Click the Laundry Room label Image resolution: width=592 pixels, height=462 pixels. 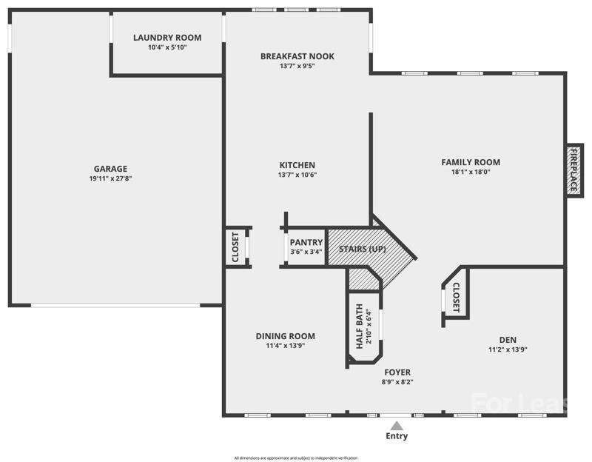tap(167, 38)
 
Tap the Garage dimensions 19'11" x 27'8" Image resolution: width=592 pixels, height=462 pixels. tap(110, 178)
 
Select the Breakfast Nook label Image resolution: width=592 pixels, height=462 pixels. tap(297, 56)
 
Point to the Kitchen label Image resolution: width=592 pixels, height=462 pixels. tap(297, 165)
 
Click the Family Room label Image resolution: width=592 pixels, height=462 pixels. tap(471, 162)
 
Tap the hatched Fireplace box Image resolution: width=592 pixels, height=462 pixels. tap(572, 170)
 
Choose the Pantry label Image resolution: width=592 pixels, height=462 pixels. tap(306, 242)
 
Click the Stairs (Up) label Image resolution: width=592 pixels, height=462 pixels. tap(363, 249)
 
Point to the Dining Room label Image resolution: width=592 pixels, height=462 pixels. tap(286, 335)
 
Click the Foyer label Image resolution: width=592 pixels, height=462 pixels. tap(397, 372)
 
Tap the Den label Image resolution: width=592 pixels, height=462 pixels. tap(508, 340)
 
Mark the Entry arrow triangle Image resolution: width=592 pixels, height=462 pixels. tap(397, 426)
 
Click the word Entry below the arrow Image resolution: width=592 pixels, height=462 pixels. tap(397, 437)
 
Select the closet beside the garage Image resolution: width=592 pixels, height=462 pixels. tap(235, 247)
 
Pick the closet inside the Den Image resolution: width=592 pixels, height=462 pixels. tap(456, 298)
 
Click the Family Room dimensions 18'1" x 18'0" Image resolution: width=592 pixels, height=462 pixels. tap(471, 172)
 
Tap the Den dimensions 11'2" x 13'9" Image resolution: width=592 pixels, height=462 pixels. tap(508, 349)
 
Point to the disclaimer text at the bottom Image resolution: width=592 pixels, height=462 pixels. tap(296, 458)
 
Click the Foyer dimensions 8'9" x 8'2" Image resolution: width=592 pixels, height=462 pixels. tap(397, 382)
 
